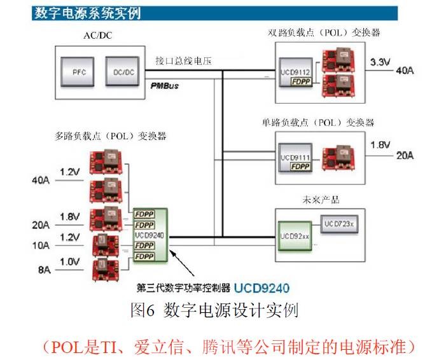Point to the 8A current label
point(43,270)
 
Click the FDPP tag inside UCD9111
point(303,167)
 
